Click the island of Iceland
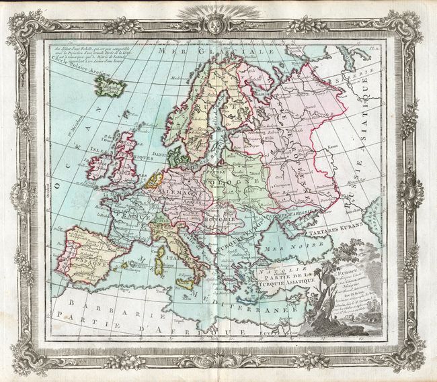(106, 85)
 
